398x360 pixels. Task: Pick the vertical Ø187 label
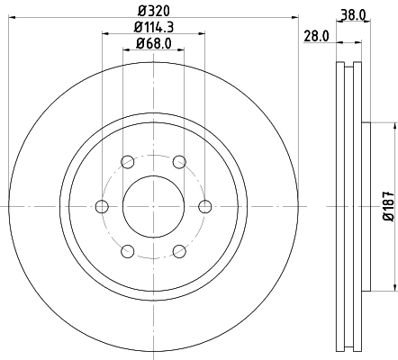(387, 206)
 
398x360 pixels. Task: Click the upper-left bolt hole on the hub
(127, 162)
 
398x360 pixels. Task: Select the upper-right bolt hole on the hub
(180, 162)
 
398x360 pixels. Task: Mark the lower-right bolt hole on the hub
(180, 250)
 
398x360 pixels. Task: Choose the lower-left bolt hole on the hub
(127, 250)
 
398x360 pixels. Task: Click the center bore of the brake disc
(153, 206)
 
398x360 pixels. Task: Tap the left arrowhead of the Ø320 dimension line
(14, 17)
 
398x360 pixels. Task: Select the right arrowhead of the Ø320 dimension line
(294, 17)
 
